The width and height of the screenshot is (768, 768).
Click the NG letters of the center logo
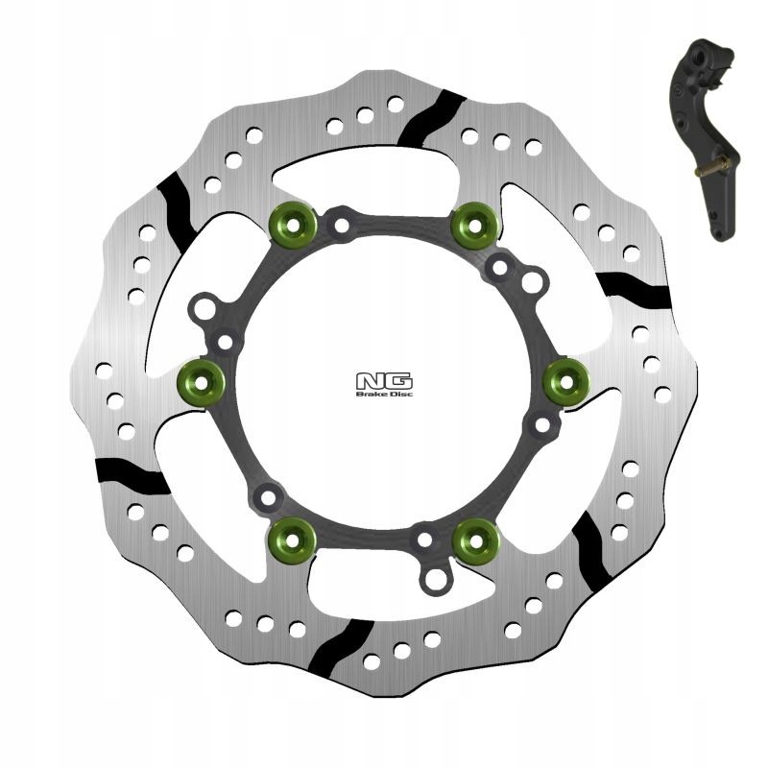click(373, 379)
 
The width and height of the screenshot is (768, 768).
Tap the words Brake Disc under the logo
click(373, 392)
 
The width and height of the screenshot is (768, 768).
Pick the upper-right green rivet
click(473, 224)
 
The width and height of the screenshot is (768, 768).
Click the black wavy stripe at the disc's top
click(429, 116)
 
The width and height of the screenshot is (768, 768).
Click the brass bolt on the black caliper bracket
click(710, 171)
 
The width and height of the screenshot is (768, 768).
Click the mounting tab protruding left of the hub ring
click(204, 312)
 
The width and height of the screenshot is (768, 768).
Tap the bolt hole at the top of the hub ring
click(341, 227)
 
